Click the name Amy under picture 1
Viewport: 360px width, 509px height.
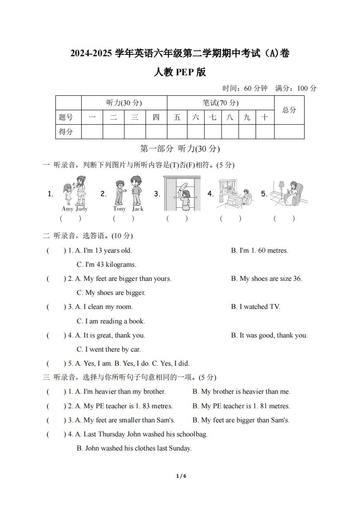point(67,209)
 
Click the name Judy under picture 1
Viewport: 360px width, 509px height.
point(82,209)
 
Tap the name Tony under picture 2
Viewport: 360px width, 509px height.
point(119,209)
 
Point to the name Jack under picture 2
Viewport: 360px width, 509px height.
point(138,209)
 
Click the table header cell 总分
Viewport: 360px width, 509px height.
point(289,110)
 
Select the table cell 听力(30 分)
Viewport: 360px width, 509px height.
point(124,103)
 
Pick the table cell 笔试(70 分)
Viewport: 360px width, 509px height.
point(221,103)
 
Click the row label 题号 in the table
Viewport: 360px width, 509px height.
point(66,117)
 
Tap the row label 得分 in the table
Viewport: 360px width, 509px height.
point(66,132)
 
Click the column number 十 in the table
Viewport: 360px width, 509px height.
point(265,117)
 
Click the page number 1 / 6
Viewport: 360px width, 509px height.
point(181,476)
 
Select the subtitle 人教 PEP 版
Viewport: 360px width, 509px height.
point(180,72)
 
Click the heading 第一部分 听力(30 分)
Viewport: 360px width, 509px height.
point(180,149)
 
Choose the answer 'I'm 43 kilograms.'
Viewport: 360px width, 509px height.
point(106,264)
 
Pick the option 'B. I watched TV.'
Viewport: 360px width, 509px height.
point(256,307)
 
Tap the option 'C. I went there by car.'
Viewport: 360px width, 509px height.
point(108,349)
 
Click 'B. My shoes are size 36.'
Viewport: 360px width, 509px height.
point(266,279)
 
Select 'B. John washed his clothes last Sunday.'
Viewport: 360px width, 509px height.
point(134,448)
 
